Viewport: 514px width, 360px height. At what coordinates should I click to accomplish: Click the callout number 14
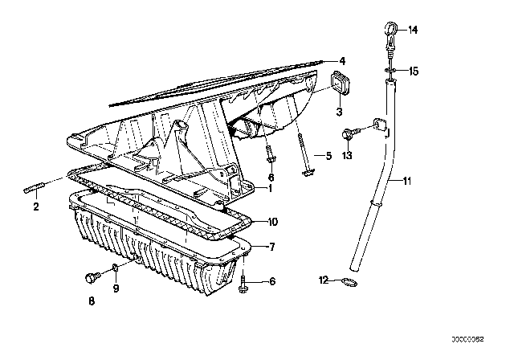tap(414, 31)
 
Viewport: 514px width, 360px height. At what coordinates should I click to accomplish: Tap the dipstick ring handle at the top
tap(390, 31)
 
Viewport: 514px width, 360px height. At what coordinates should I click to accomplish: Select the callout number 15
tap(414, 72)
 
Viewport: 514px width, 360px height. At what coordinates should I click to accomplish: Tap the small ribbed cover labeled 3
tap(340, 84)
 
